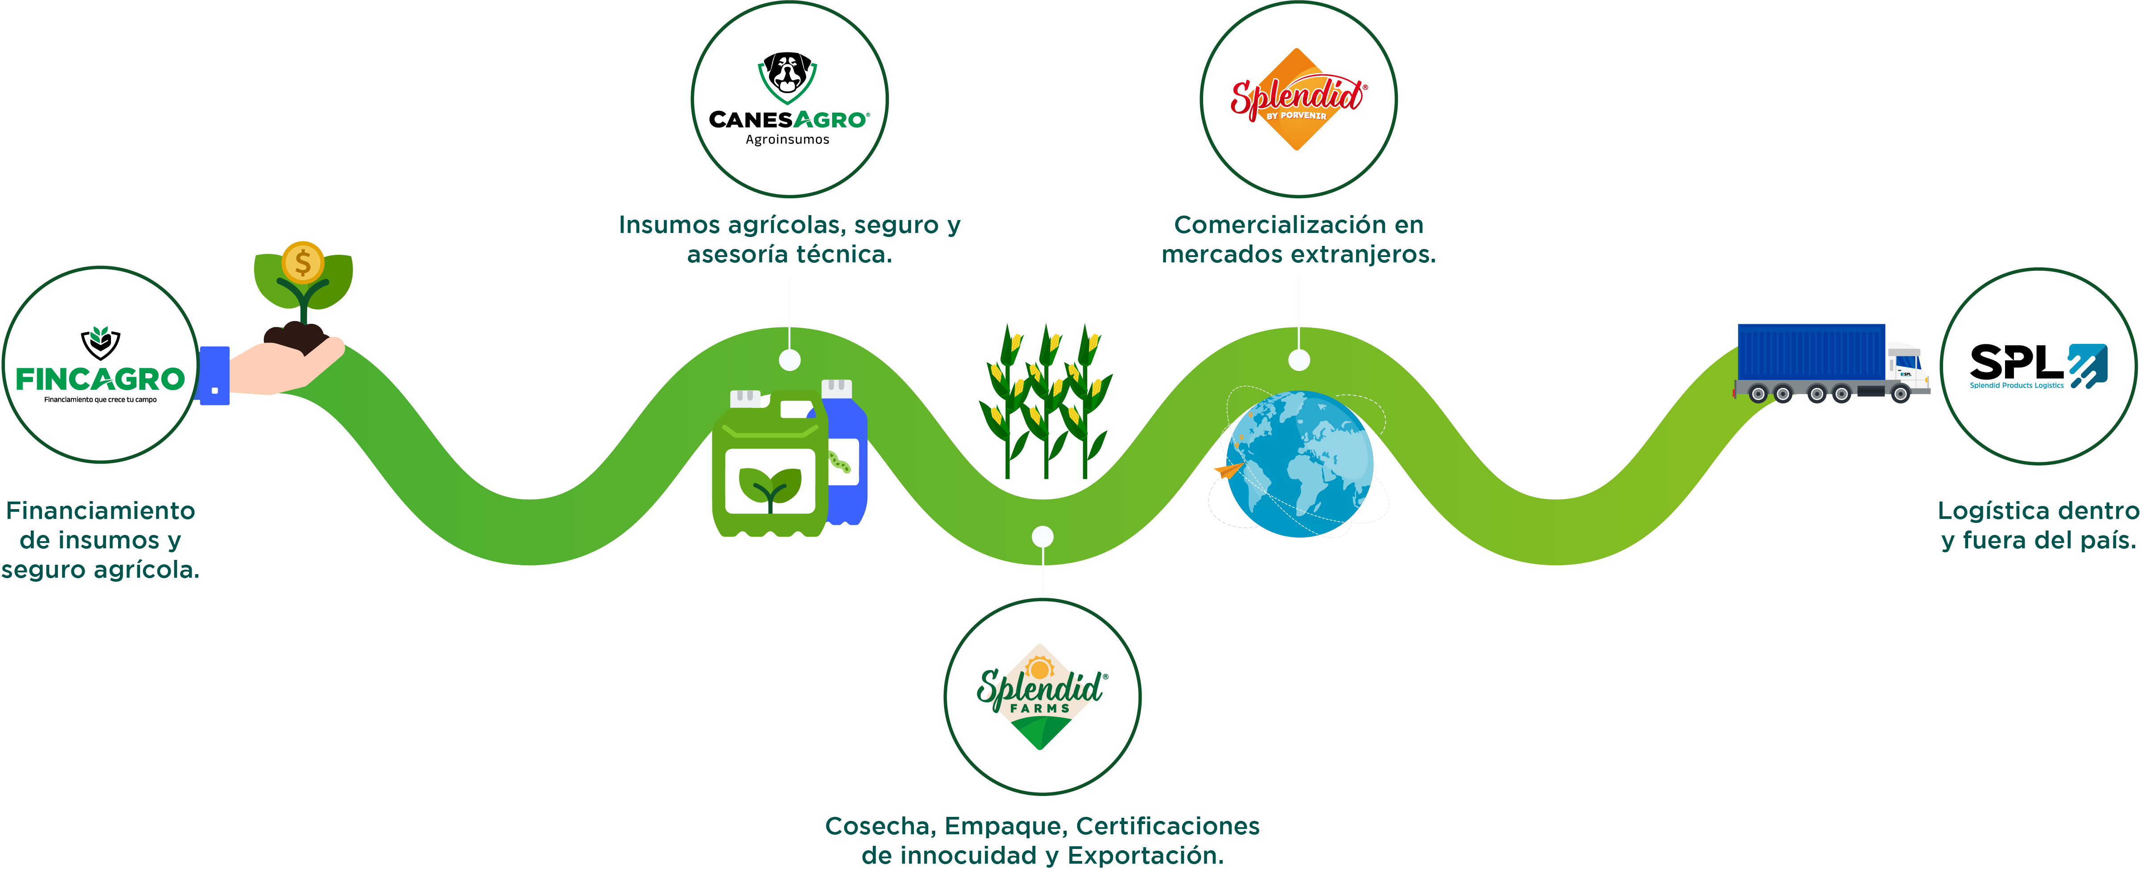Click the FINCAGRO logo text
[100, 379]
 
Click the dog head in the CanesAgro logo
[788, 73]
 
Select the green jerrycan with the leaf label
[768, 471]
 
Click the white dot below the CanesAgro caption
[789, 360]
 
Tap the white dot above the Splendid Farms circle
[1042, 536]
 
